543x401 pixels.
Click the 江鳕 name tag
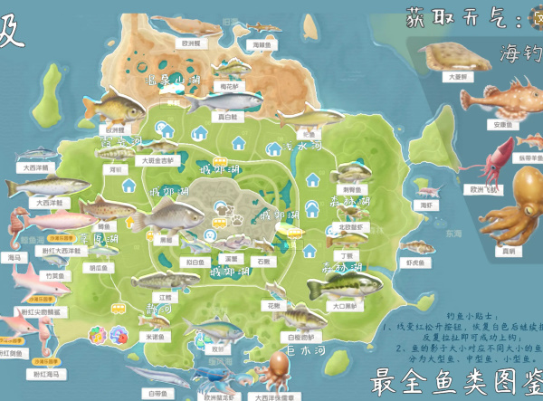[166, 296]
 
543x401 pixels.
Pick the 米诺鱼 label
[155, 335]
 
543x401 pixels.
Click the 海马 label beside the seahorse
[14, 257]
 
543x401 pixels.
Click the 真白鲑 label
[227, 117]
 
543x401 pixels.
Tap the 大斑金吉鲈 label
[159, 160]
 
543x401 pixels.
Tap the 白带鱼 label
[157, 393]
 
